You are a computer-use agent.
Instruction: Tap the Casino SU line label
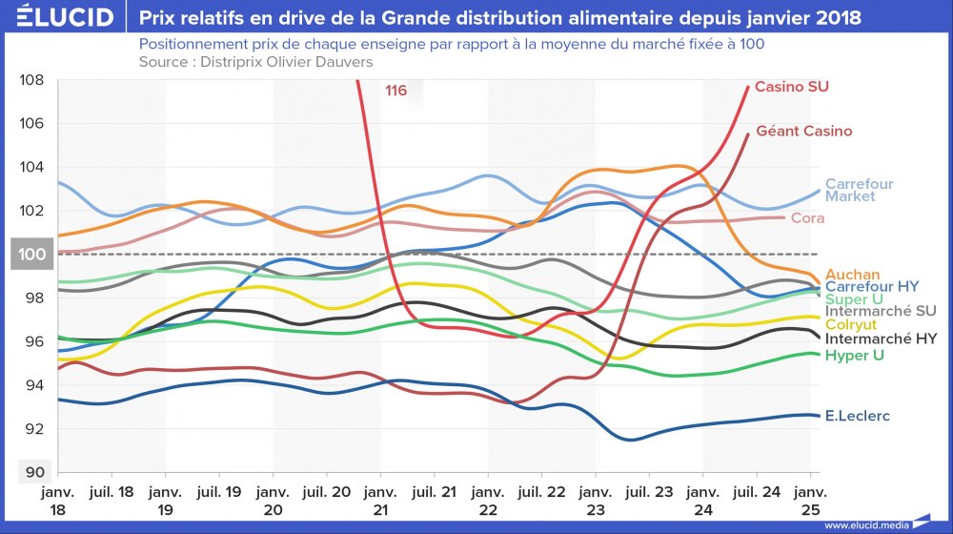[x=791, y=87]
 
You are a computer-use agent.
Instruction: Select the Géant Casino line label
[x=803, y=131]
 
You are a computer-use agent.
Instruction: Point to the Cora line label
[x=807, y=218]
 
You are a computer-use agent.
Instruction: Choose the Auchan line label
[x=852, y=275]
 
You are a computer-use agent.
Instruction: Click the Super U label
[x=854, y=298]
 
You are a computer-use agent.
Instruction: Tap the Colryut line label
[x=851, y=325]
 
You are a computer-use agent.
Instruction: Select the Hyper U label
[x=855, y=355]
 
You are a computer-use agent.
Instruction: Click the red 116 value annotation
[x=396, y=92]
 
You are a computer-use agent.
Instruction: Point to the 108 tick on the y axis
[x=31, y=80]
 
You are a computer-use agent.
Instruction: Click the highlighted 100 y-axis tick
[x=31, y=255]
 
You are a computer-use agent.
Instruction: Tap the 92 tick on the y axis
[x=31, y=429]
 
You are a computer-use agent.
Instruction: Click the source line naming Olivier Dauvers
[x=255, y=62]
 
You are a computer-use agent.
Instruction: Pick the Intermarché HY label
[x=881, y=339]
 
